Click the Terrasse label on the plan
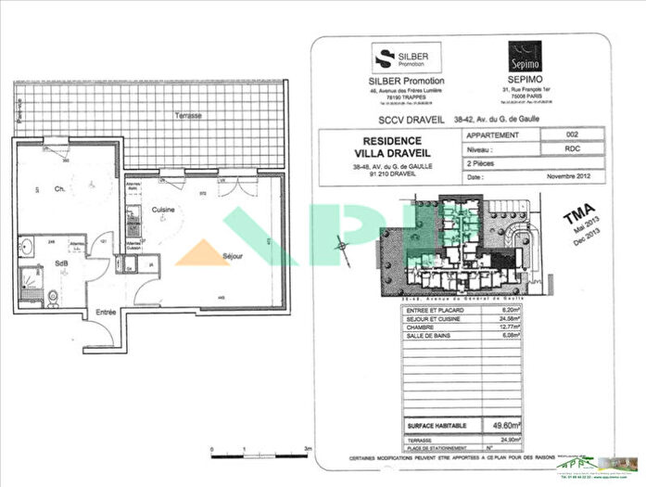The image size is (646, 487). coord(189,115)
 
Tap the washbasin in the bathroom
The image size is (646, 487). coord(25,249)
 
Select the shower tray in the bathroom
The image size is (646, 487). coord(30,277)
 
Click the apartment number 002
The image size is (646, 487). coord(571,135)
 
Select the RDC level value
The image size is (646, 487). coord(571,147)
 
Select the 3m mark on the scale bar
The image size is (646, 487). coord(307,448)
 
